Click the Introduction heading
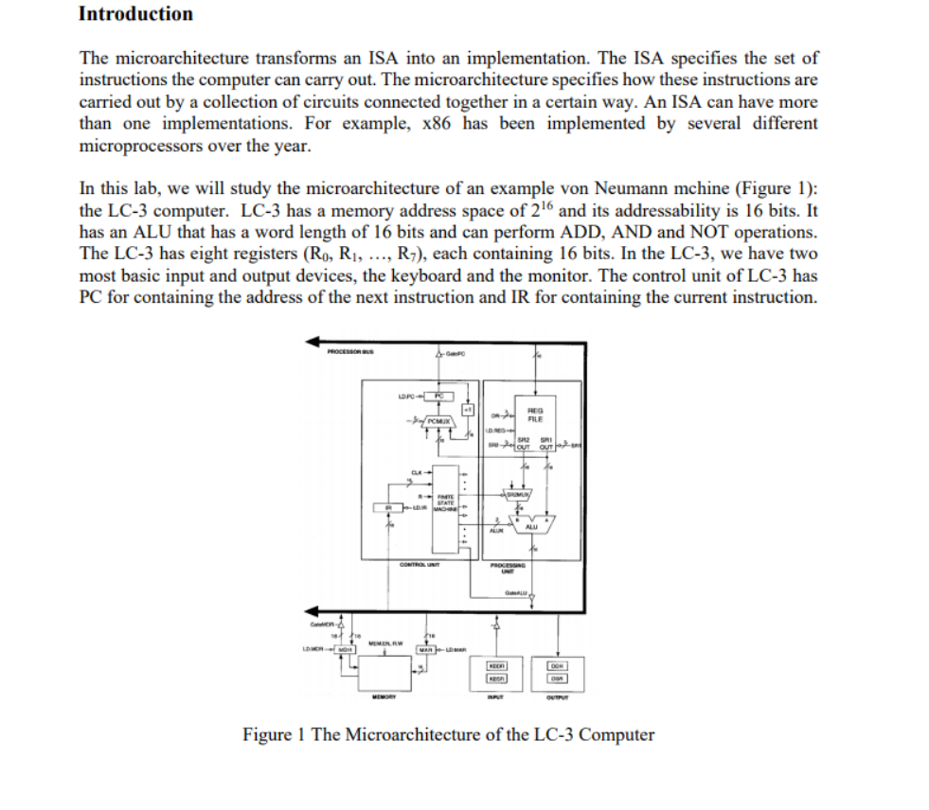pos(135,14)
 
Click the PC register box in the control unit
pos(440,395)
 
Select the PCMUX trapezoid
pos(437,420)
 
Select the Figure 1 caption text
pos(448,734)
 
